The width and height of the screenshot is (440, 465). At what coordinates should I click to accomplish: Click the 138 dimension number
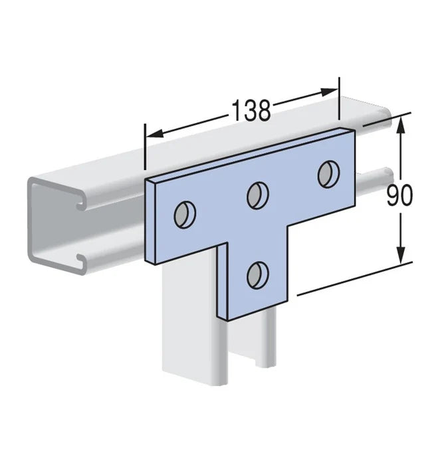(x=251, y=110)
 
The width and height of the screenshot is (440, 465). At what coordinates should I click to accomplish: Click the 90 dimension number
(x=399, y=195)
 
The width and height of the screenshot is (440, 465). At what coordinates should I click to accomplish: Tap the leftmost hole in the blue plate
(x=185, y=215)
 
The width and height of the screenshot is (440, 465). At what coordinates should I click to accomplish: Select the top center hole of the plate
(x=258, y=196)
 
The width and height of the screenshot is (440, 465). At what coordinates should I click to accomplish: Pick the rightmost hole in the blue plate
(x=329, y=174)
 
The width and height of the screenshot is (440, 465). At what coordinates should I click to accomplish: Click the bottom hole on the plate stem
(x=258, y=275)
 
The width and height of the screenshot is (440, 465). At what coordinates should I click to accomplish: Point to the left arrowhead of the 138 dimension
(x=155, y=134)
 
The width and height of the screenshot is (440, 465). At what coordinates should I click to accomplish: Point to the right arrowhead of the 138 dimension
(x=329, y=92)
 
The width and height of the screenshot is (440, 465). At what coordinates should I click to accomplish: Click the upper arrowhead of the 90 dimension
(x=401, y=126)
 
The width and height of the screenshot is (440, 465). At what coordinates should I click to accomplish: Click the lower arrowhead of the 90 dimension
(x=401, y=254)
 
